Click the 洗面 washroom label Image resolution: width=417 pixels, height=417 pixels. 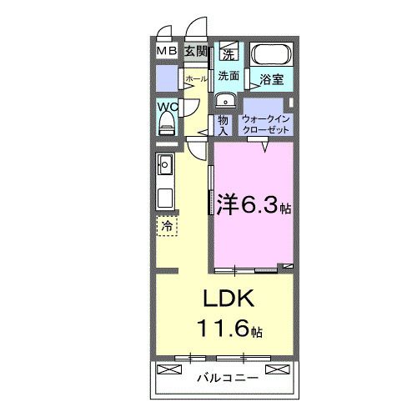pyautogui.click(x=229, y=76)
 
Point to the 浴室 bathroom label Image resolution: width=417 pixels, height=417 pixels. pyautogui.click(x=272, y=81)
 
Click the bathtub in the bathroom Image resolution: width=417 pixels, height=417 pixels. pyautogui.click(x=271, y=57)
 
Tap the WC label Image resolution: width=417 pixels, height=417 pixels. pyautogui.click(x=166, y=107)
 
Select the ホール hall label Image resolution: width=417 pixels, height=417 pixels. pyautogui.click(x=196, y=78)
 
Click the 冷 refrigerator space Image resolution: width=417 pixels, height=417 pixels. pyautogui.click(x=167, y=225)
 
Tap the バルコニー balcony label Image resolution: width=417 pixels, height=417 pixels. pyautogui.click(x=227, y=378)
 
